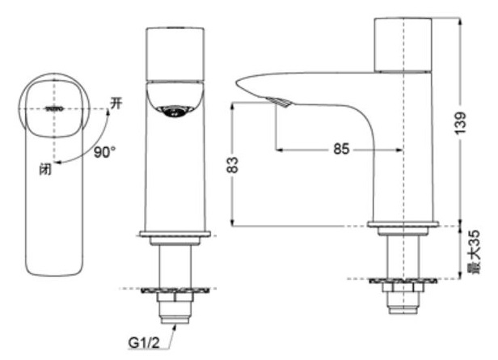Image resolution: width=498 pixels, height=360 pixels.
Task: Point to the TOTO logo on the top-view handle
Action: click(x=54, y=107)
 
